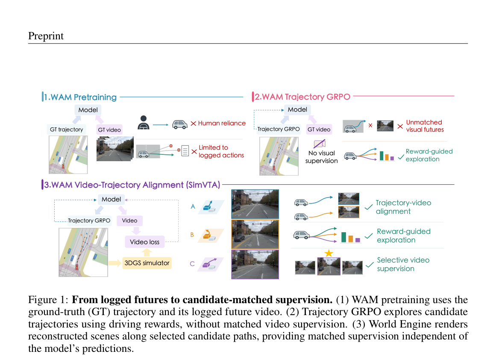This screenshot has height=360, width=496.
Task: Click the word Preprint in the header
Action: tap(46, 36)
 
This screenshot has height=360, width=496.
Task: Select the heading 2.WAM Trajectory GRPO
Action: tap(303, 97)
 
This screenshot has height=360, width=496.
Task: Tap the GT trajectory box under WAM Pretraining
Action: tap(66, 130)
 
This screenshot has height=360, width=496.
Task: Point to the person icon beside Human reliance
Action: tap(143, 123)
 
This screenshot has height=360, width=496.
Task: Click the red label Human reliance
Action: tap(222, 123)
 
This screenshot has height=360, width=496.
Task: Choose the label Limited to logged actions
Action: tap(221, 151)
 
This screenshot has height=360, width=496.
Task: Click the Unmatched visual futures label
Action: tap(425, 126)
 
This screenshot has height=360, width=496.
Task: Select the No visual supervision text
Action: tap(321, 157)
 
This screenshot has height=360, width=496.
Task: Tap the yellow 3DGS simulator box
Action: tap(147, 263)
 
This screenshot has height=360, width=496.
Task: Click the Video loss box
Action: tap(144, 242)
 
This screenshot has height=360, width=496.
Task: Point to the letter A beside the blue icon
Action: tap(193, 207)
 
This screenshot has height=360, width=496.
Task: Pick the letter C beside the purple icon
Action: tap(192, 264)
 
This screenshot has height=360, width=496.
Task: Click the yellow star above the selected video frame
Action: tap(329, 253)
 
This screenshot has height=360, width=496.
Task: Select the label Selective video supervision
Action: tap(403, 264)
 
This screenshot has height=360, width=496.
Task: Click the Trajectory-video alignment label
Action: tap(403, 207)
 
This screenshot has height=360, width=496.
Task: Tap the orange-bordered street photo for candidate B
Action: tap(255, 234)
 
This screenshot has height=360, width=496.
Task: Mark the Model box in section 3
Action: tap(111, 200)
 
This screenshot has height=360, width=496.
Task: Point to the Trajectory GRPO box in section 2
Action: tap(279, 129)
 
